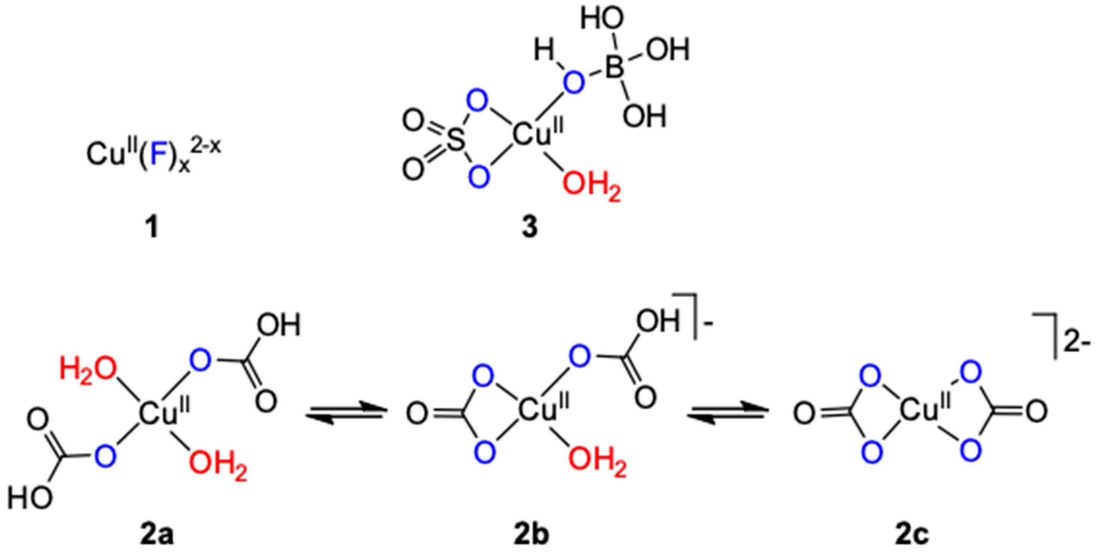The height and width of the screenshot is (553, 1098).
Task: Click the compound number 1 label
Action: (x=152, y=227)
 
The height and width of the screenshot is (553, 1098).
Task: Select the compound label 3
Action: (x=530, y=227)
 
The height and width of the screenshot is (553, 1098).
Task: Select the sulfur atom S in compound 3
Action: (x=455, y=140)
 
